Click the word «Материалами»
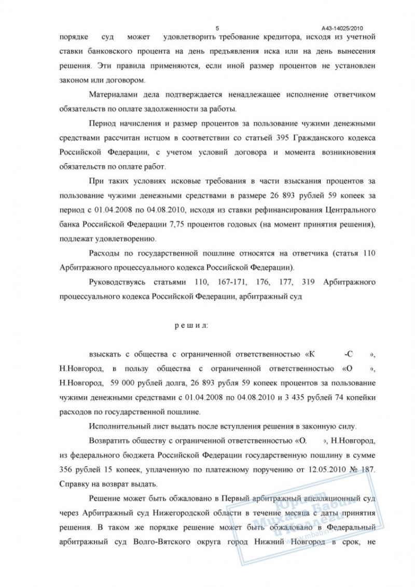coord(112,95)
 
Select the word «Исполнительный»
coord(117,426)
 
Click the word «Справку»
coord(74,483)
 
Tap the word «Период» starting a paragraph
coord(103,124)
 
